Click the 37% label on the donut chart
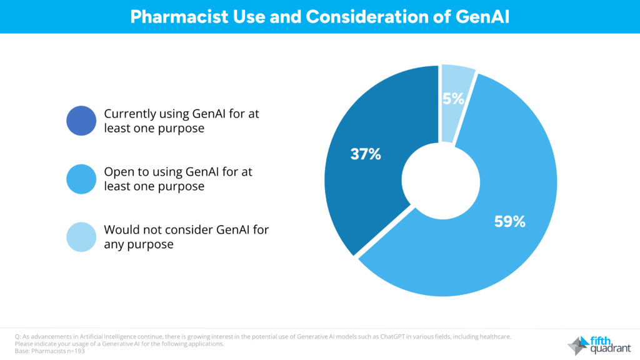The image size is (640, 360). [366, 154]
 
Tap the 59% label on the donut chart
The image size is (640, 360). [509, 221]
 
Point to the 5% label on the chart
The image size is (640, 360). [453, 98]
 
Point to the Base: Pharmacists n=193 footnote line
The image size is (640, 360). [50, 351]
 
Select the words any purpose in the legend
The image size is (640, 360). [139, 244]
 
